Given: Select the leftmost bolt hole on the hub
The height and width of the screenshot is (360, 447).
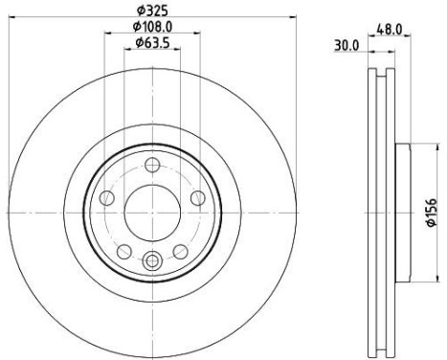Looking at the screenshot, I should [x=106, y=197].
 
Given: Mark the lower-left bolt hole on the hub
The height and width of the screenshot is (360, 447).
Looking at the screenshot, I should [x=124, y=251].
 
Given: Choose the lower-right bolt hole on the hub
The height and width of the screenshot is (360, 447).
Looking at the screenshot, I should [x=181, y=251].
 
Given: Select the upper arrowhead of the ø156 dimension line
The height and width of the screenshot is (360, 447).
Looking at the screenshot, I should [x=420, y=147].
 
